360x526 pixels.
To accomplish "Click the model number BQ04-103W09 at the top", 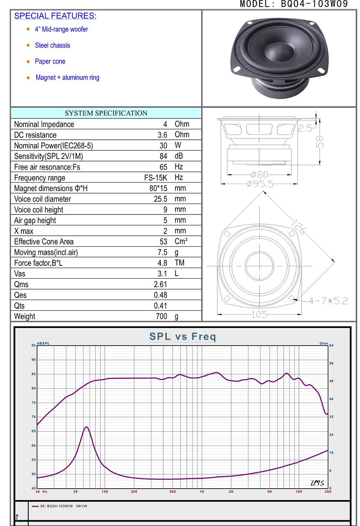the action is pyautogui.click(x=314, y=4).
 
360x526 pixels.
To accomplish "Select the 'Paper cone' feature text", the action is pyautogui.click(x=50, y=61).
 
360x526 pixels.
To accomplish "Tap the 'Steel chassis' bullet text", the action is pyautogui.click(x=52, y=45).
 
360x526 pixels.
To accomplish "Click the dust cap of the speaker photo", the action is pyautogui.click(x=279, y=52).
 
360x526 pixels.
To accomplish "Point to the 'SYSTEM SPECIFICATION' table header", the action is pyautogui.click(x=106, y=113).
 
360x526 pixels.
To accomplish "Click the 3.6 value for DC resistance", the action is pyautogui.click(x=162, y=135).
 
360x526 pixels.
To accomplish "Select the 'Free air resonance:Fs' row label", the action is pyautogui.click(x=47, y=167).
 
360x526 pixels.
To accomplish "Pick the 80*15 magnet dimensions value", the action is pyautogui.click(x=158, y=188).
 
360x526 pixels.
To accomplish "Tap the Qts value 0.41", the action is pyautogui.click(x=161, y=306).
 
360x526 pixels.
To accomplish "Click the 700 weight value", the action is pyautogui.click(x=162, y=316).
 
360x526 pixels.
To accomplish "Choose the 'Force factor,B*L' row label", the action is pyautogui.click(x=38, y=263).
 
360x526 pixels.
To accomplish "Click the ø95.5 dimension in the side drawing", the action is pyautogui.click(x=260, y=184).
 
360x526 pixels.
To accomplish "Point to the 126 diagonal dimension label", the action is pyautogui.click(x=298, y=226).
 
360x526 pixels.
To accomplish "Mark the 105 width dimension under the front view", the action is pyautogui.click(x=259, y=314).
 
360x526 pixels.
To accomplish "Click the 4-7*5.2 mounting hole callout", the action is pyautogui.click(x=328, y=301).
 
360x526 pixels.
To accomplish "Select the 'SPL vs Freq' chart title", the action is pyautogui.click(x=182, y=336).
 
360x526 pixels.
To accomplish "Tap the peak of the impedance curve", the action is pyautogui.click(x=86, y=427).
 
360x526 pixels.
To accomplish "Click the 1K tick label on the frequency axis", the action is pyautogui.click(x=202, y=491).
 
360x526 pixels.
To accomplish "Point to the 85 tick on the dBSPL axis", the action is pyautogui.click(x=34, y=374).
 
